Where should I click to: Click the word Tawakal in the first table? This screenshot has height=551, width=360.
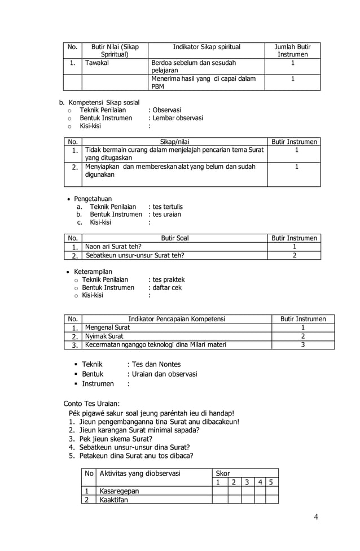97,63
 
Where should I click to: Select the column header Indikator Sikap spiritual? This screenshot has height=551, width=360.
207,47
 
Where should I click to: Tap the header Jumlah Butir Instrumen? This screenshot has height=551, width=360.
292,50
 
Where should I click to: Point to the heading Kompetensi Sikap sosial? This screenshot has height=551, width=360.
104,102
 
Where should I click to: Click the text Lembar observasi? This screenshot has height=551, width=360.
178,118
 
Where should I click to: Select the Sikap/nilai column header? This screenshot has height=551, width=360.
175,142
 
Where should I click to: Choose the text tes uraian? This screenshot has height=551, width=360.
167,214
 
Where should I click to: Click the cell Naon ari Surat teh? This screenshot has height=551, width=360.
113,247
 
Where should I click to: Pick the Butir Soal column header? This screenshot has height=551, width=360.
175,238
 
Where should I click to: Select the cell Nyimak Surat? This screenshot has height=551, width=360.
104,336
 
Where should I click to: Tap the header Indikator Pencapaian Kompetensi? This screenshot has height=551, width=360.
177,319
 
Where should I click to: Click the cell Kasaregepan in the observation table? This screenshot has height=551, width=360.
119,491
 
